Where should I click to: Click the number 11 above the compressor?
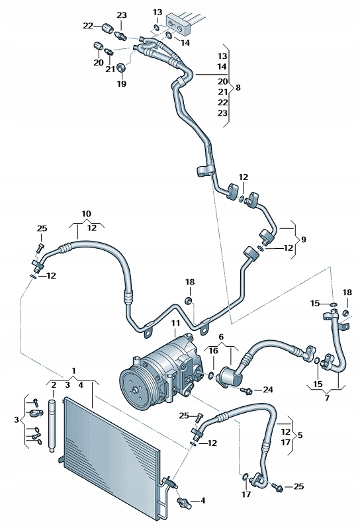click(175, 323)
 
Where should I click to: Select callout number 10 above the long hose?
click(86, 214)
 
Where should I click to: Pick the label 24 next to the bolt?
click(267, 390)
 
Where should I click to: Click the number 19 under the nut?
click(121, 84)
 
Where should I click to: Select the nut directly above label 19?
click(122, 67)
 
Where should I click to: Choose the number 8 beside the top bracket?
click(238, 87)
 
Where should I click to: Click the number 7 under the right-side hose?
click(327, 397)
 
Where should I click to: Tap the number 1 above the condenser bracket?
click(74, 370)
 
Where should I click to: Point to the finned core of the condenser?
click(112, 450)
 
